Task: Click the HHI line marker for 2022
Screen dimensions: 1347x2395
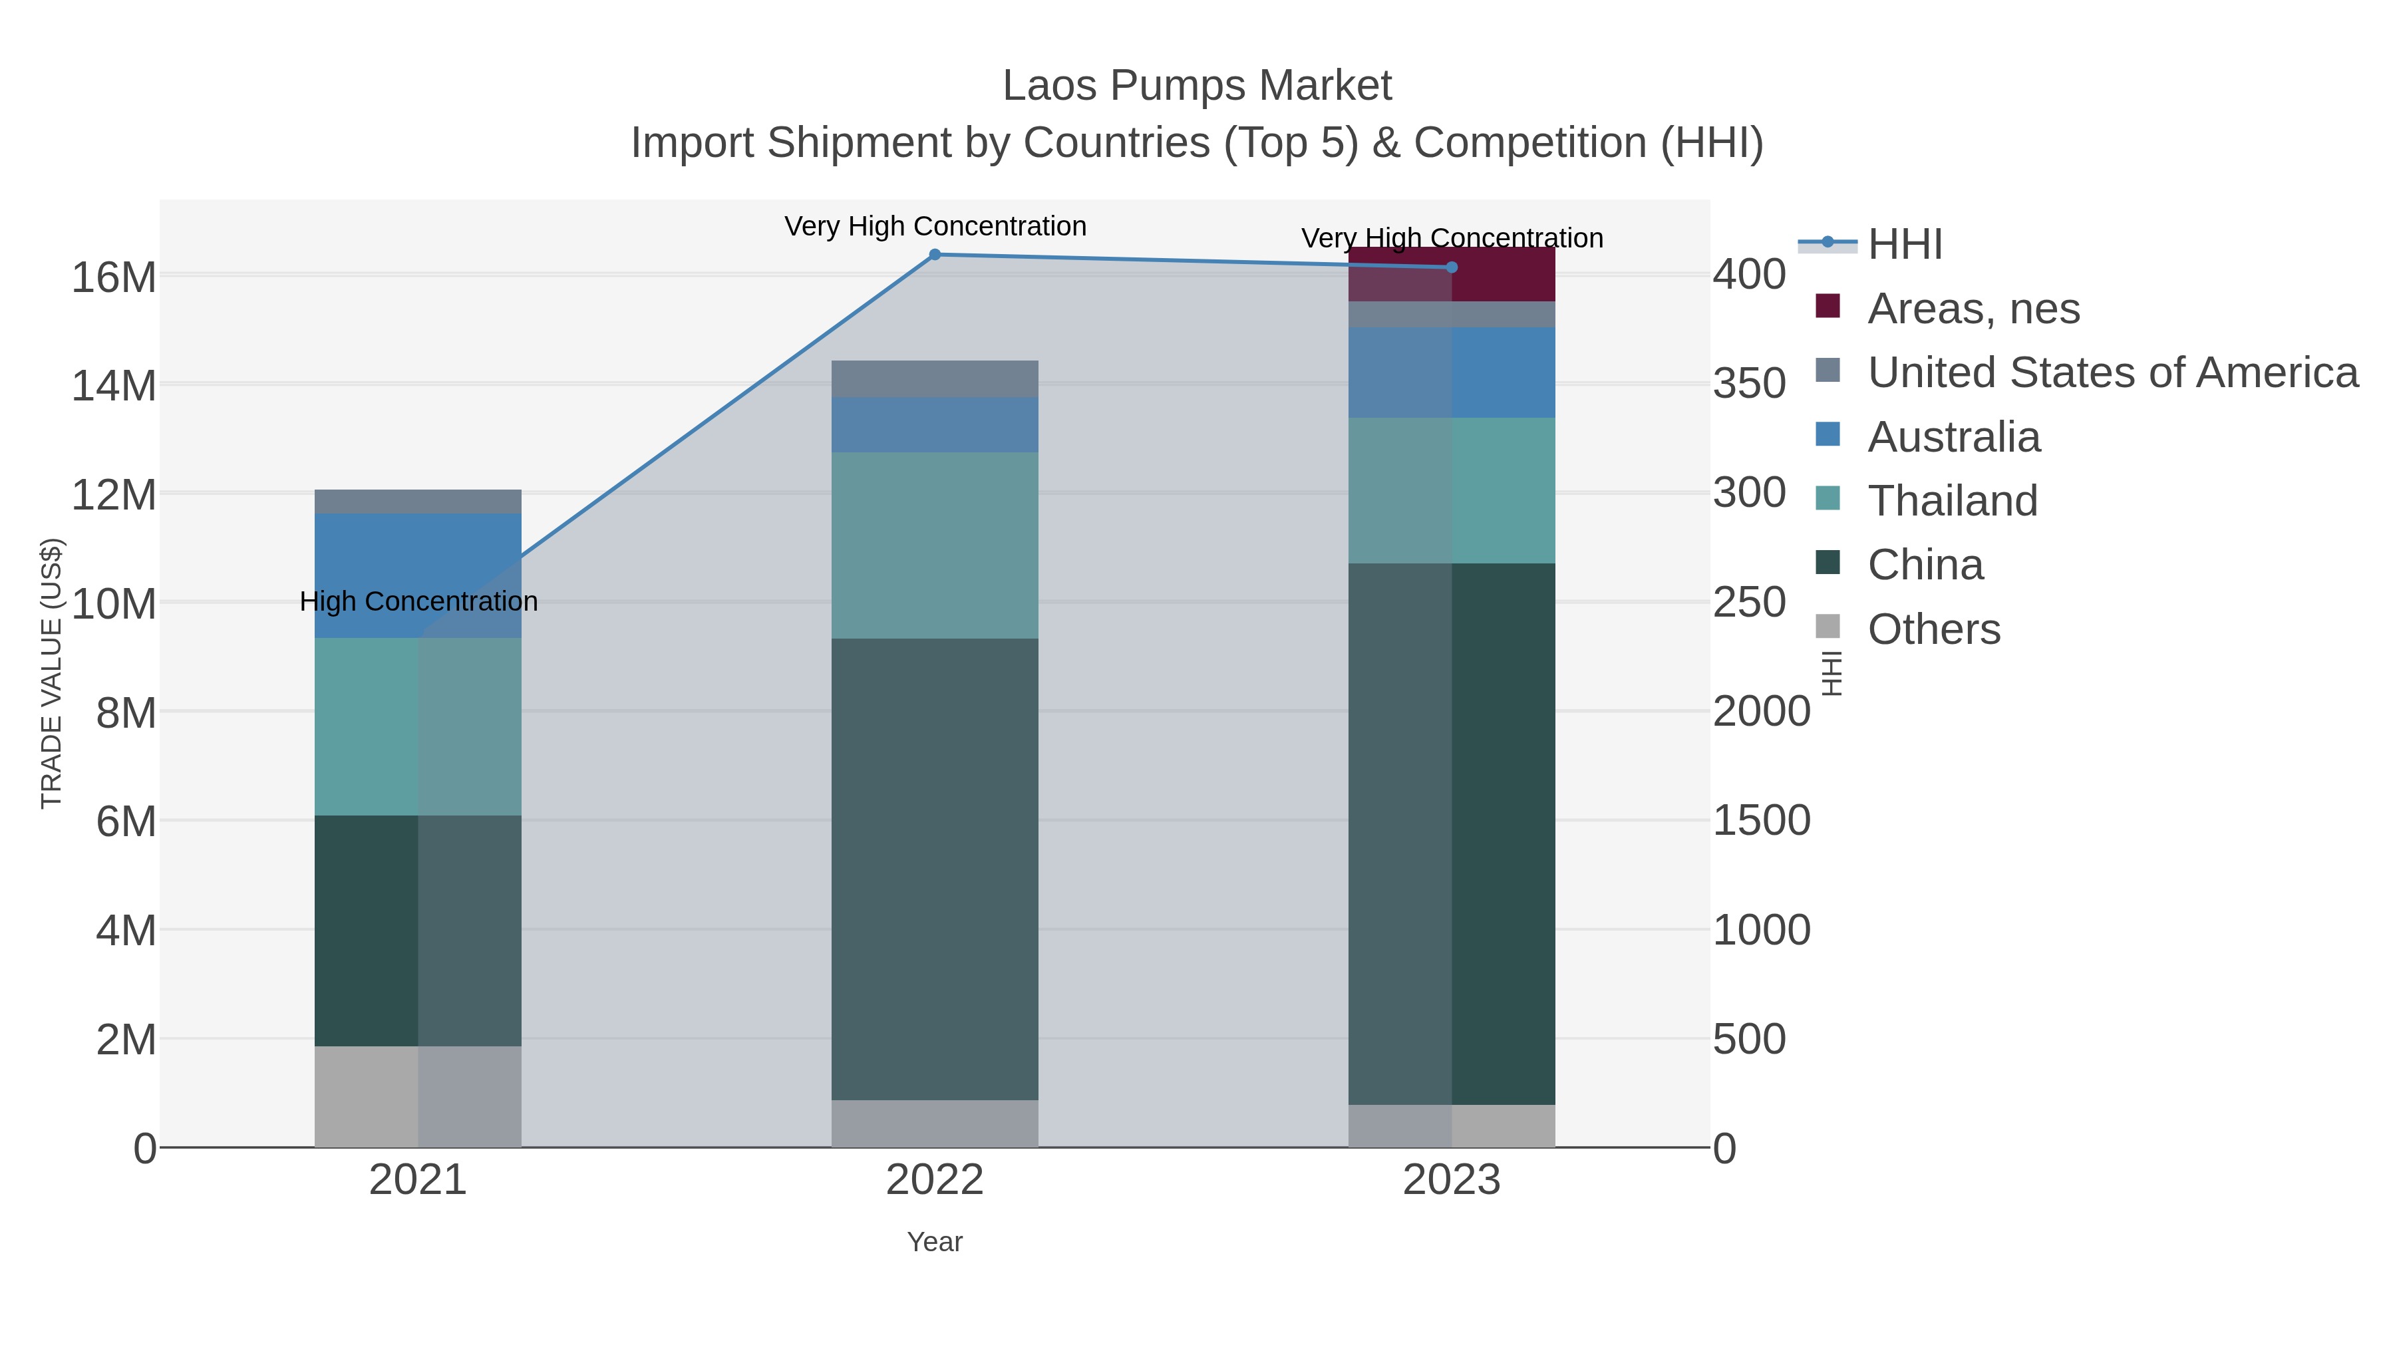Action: (x=935, y=255)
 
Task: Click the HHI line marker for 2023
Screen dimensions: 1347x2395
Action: (x=1452, y=267)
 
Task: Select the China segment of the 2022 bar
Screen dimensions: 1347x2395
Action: (x=935, y=869)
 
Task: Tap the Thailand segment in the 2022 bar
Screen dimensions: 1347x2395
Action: (x=935, y=545)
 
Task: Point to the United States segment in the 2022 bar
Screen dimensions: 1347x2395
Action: (x=935, y=379)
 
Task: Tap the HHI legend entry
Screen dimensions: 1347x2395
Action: (x=1904, y=245)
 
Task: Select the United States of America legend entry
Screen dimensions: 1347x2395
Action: (x=2110, y=373)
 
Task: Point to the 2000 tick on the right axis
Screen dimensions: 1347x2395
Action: (x=1761, y=712)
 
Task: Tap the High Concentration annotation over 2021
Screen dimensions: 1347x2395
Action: (x=418, y=601)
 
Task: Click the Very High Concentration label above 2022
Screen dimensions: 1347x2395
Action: (x=935, y=227)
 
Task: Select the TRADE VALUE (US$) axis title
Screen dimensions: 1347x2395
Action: (x=52, y=673)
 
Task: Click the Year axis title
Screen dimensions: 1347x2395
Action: (x=935, y=1242)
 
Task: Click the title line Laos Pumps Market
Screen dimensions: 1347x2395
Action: (x=1197, y=86)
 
